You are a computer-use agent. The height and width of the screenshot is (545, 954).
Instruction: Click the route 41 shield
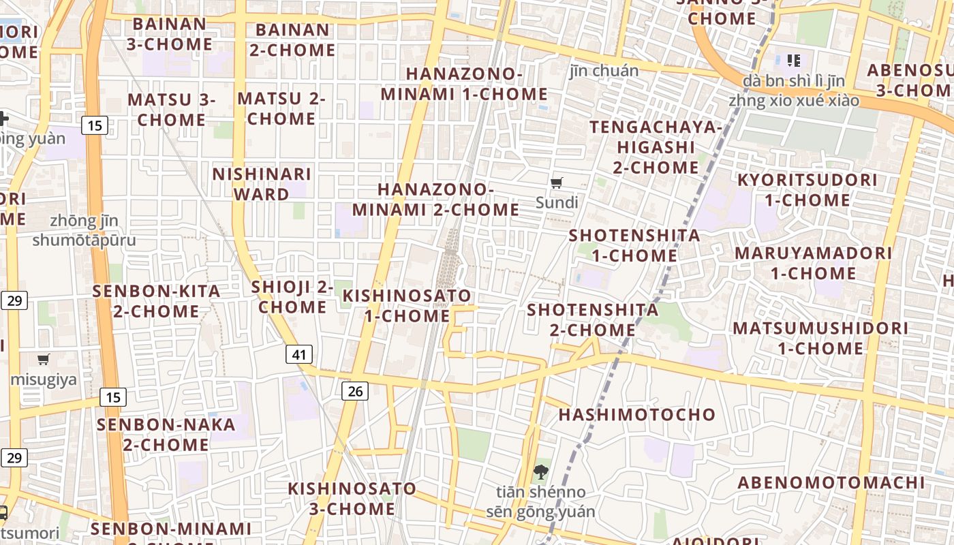pos(300,354)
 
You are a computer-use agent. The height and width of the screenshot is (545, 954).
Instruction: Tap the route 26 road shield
pos(355,390)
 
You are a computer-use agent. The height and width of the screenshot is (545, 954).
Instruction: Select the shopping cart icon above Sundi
pos(557,183)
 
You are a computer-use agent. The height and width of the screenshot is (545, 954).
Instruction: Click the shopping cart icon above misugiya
pos(44,359)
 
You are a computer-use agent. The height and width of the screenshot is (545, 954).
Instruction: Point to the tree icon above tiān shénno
pos(540,471)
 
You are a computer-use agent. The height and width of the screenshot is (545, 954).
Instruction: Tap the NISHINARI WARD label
pos(262,184)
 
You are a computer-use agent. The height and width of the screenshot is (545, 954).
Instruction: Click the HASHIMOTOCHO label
pos(637,414)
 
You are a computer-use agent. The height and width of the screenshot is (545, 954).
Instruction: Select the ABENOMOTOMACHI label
pos(831,483)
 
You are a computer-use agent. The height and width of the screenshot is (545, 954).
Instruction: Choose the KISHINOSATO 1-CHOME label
pos(407,306)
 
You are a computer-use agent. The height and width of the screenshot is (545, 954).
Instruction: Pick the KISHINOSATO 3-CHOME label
pos(352,499)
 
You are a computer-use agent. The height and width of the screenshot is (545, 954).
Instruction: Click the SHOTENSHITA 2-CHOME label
pos(593,320)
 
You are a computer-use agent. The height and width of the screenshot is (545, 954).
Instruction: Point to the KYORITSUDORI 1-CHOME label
pos(807,190)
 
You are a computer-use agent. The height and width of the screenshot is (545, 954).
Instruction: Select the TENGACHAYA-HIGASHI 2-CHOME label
pos(655,147)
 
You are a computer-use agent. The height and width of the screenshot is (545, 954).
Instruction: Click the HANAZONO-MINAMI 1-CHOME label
pos(464,84)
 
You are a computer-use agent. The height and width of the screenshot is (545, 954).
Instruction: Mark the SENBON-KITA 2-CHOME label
pos(157,301)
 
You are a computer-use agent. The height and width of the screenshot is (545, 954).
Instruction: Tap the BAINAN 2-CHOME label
pos(292,40)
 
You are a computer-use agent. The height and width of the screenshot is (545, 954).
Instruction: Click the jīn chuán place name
pos(604,71)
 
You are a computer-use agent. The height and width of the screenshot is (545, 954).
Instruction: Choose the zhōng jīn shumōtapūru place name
pos(84,230)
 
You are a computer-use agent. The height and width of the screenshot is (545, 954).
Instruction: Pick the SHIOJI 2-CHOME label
pos(292,297)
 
